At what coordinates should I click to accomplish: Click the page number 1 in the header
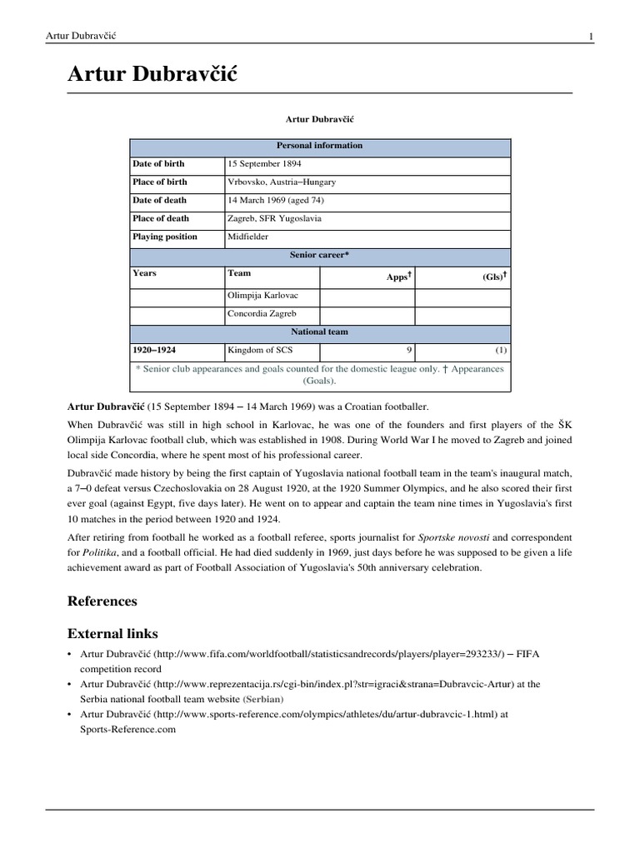591,36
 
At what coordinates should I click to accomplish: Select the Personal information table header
320,146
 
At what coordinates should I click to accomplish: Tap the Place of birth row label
160,182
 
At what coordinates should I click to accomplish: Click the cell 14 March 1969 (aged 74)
276,201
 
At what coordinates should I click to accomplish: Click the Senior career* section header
320,255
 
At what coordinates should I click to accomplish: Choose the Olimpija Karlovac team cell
262,296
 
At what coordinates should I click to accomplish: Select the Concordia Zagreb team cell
261,314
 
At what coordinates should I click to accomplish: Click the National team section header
320,332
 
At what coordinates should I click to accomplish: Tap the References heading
102,601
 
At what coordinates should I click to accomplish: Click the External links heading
113,634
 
